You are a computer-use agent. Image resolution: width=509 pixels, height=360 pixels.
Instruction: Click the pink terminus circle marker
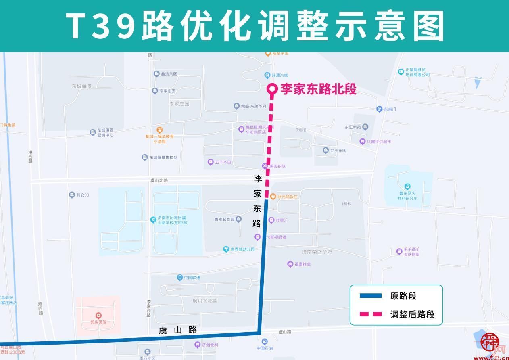(x=272, y=89)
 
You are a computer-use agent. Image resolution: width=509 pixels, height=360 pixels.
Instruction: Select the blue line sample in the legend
(x=370, y=296)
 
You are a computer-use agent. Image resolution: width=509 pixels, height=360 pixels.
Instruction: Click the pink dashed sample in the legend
(x=370, y=314)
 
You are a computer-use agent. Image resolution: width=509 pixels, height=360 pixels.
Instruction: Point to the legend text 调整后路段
(x=412, y=314)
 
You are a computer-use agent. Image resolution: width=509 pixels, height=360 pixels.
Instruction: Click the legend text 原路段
(x=403, y=296)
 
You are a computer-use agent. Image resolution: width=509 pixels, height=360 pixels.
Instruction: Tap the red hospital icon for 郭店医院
(x=98, y=315)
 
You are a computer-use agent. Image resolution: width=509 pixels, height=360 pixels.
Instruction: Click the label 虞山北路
(x=159, y=180)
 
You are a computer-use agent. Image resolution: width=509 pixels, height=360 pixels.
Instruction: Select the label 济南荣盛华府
(x=317, y=252)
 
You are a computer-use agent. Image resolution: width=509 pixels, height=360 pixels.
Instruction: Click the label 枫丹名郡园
(x=205, y=301)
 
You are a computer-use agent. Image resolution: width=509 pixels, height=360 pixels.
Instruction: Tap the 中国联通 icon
(x=180, y=277)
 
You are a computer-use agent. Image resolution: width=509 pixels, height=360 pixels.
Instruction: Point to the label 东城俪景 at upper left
(x=82, y=86)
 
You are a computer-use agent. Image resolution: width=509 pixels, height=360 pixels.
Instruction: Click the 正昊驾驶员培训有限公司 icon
(x=401, y=72)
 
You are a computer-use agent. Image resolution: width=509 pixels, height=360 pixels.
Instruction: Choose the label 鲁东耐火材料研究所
(x=407, y=195)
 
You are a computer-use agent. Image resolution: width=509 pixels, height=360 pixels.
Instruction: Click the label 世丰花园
(x=338, y=150)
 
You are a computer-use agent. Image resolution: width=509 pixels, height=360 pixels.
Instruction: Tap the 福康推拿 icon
(x=290, y=264)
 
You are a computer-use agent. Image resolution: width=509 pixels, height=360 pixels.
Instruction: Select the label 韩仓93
(x=82, y=195)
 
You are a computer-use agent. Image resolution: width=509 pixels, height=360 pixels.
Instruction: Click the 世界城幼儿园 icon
(x=226, y=249)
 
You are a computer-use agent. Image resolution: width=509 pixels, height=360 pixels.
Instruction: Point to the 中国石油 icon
(x=265, y=341)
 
